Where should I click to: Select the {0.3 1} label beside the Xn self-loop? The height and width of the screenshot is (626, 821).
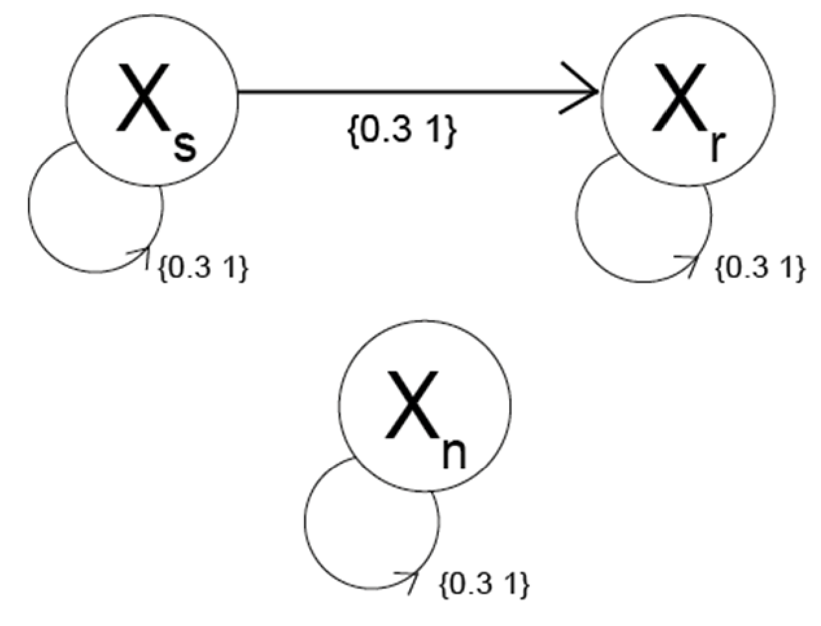coord(484,585)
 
